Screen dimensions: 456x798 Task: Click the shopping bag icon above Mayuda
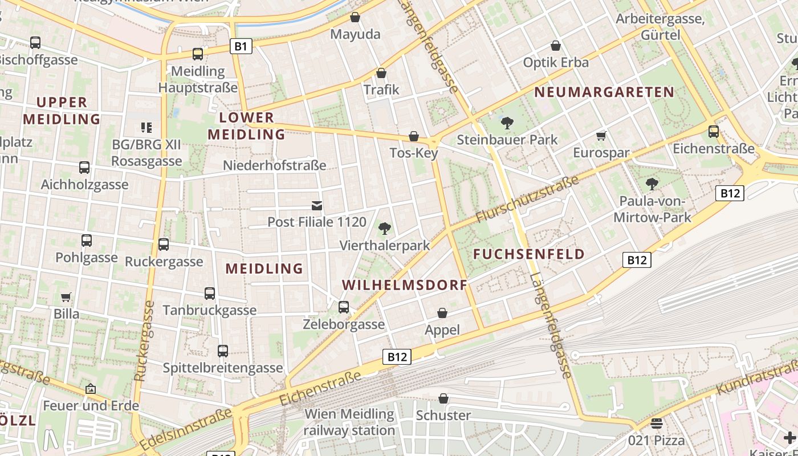click(x=355, y=18)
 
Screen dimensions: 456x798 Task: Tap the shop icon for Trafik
click(x=381, y=73)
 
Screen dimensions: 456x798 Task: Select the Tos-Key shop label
click(x=414, y=153)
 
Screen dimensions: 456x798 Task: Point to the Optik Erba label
click(x=556, y=62)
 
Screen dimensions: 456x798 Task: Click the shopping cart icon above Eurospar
click(x=601, y=136)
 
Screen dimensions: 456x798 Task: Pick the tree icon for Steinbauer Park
click(x=507, y=123)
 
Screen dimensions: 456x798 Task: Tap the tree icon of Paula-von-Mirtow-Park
click(x=652, y=184)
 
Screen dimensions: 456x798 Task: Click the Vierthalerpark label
click(x=385, y=246)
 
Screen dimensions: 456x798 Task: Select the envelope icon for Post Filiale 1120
click(x=317, y=205)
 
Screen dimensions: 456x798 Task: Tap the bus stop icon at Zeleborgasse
click(x=344, y=307)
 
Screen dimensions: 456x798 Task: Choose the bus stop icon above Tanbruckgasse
click(x=210, y=294)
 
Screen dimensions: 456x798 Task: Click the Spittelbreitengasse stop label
click(x=223, y=368)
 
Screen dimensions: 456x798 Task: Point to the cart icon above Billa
click(x=67, y=297)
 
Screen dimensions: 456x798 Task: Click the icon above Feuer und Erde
click(x=90, y=389)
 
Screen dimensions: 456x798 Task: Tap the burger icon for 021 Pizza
click(x=657, y=424)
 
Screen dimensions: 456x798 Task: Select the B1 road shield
click(x=241, y=46)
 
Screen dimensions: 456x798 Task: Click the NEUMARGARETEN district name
click(x=604, y=92)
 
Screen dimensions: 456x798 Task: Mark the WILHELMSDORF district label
click(x=405, y=285)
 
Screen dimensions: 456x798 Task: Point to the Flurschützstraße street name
click(x=527, y=199)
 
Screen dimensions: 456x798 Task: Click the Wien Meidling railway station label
click(x=349, y=422)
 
